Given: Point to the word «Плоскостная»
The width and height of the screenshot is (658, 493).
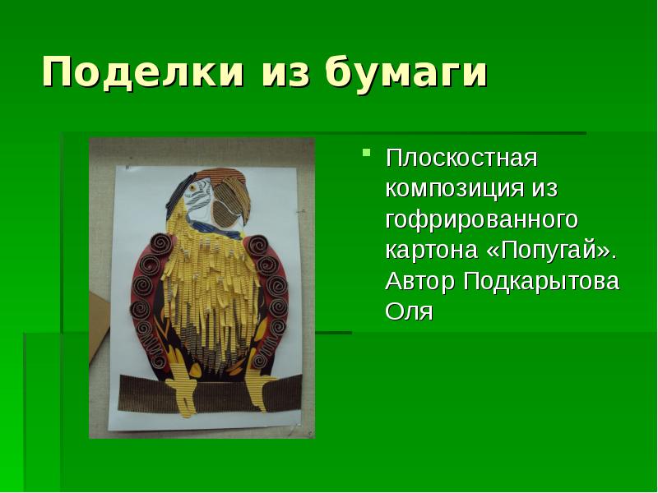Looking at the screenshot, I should click(x=461, y=157).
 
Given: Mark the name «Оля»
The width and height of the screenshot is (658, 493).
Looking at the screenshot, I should click(x=409, y=312).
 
